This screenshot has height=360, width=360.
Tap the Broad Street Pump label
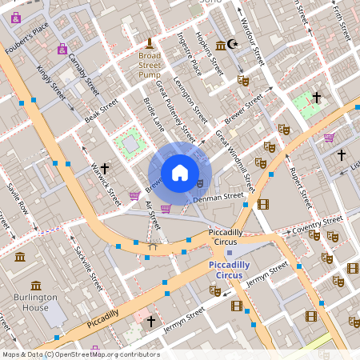click(150, 66)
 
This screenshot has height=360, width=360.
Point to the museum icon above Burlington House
click(36, 286)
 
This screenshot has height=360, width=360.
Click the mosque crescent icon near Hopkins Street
click(233, 44)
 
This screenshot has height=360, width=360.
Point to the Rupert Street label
click(298, 185)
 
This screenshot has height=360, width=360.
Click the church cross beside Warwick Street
click(104, 169)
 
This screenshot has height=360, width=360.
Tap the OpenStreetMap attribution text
click(81, 354)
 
